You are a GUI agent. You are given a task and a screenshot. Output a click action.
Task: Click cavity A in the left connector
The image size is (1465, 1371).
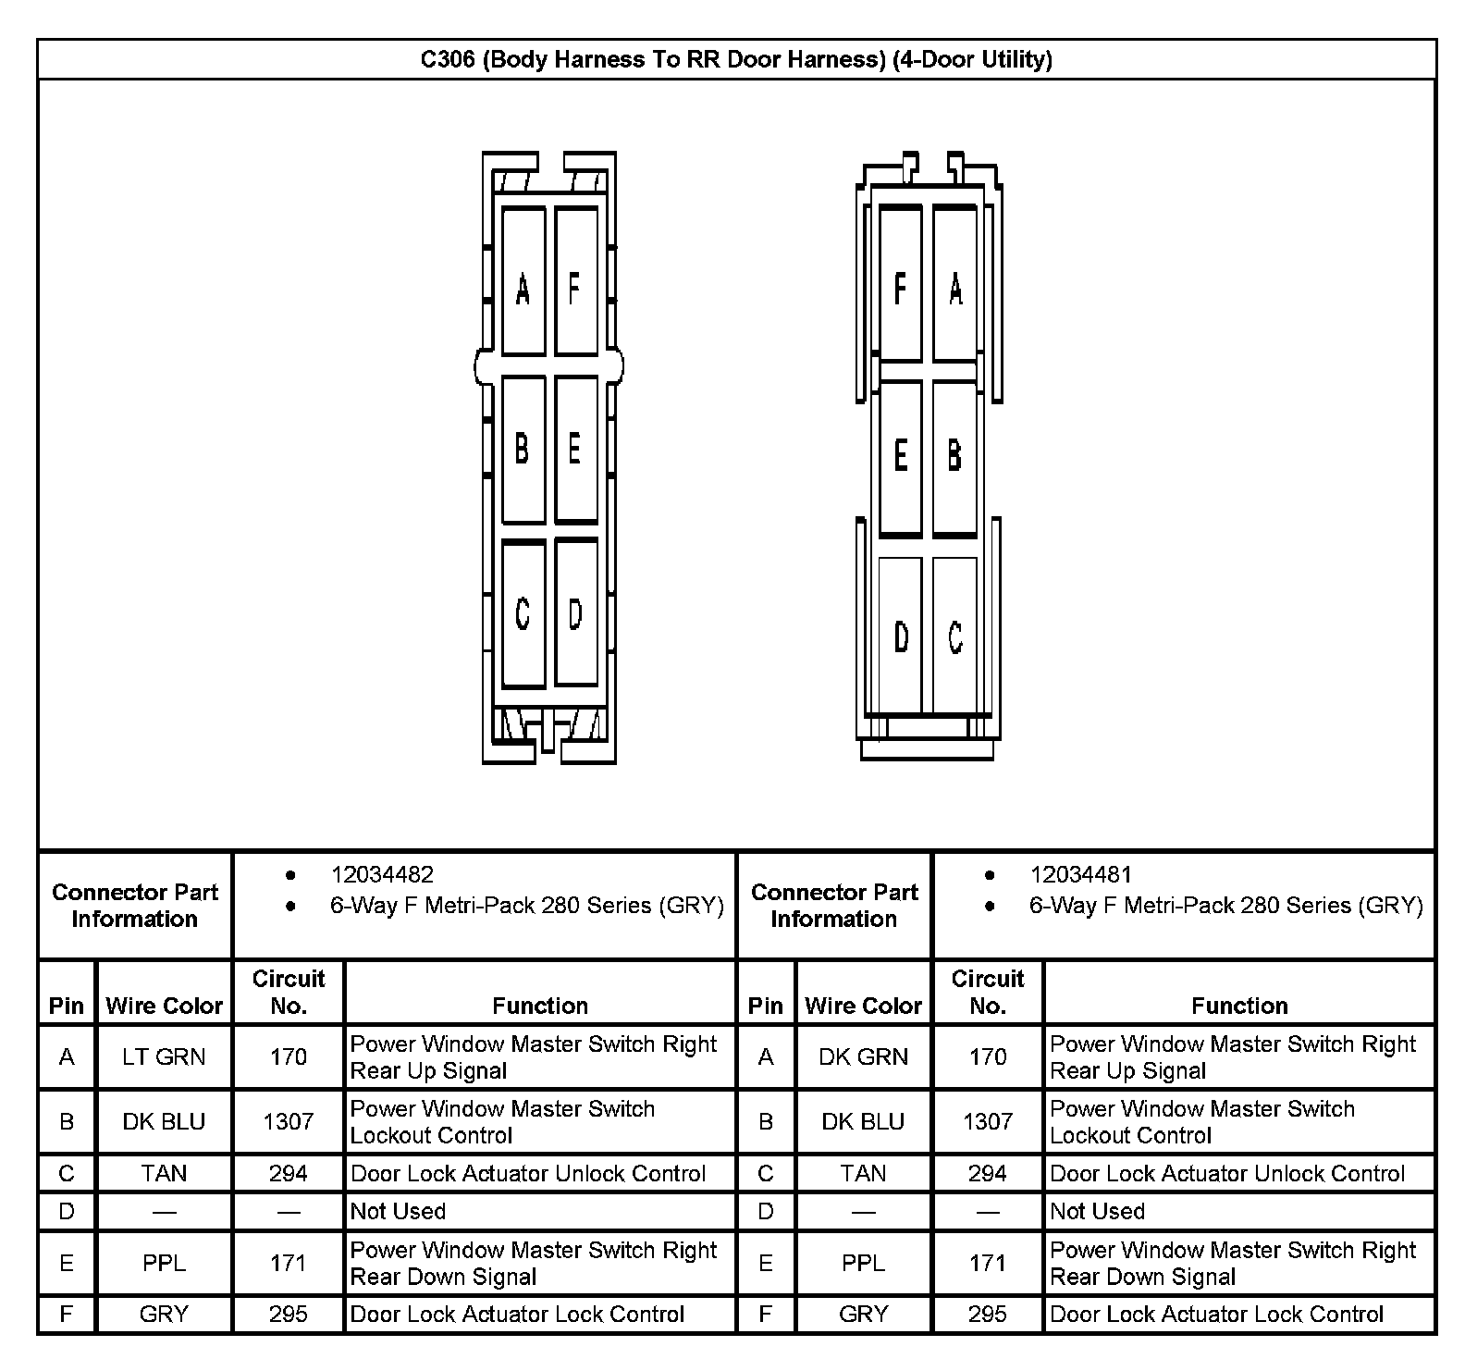pos(523,282)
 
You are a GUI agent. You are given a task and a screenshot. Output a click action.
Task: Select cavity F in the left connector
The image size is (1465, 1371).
pos(575,282)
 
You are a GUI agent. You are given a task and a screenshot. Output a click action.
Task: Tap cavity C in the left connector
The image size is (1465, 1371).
pos(523,613)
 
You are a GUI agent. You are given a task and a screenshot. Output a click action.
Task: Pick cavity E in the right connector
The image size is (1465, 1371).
pos(900,458)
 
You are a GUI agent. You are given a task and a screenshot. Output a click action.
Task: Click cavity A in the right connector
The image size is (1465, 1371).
pos(954,282)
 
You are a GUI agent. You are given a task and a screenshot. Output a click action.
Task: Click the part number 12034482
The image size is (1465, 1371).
pos(382,874)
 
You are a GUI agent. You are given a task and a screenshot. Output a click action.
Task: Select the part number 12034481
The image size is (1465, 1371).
pos(1081,874)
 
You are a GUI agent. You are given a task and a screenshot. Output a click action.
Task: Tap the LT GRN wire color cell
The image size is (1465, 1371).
pos(164,1056)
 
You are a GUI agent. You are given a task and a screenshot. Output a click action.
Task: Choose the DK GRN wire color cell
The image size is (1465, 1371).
pos(863,1056)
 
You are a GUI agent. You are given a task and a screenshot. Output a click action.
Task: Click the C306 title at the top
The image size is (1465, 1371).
pos(736,60)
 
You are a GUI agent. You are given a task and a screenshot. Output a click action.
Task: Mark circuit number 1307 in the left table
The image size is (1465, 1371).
pos(289,1121)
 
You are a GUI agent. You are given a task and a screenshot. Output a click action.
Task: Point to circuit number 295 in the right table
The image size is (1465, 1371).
pos(988,1314)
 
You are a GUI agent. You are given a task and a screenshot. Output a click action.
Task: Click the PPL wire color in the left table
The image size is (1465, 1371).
pos(164,1263)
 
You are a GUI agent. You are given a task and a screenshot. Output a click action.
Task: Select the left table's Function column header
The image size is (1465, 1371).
pos(540,1006)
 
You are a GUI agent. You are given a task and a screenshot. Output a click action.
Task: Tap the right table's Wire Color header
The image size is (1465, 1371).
pos(863,1006)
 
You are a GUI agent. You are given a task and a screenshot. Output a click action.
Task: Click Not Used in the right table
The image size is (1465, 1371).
pos(1097,1211)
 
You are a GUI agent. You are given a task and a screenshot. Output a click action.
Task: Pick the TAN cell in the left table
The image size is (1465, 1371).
pos(164,1173)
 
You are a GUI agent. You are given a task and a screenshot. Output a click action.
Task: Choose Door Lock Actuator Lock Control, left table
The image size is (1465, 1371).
pos(517,1314)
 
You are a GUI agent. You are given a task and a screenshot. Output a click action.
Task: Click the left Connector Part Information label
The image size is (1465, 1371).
pos(135,906)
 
